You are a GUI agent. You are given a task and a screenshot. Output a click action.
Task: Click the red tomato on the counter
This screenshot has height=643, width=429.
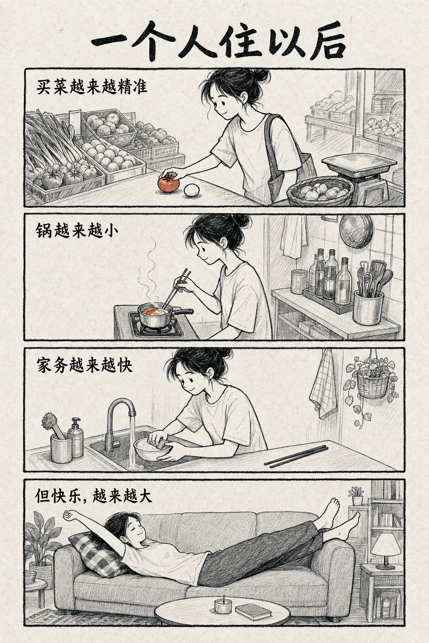click(169, 184)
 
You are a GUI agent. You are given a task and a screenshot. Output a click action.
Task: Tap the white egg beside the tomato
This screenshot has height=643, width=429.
click(191, 190)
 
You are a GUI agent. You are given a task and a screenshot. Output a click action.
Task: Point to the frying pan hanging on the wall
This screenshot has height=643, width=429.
click(356, 231)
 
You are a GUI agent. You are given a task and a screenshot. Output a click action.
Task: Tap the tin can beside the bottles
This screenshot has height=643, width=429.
click(299, 281)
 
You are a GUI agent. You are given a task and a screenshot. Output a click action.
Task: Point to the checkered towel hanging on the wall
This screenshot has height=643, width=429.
click(324, 384)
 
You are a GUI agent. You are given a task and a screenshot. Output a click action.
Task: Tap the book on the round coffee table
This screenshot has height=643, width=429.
click(253, 612)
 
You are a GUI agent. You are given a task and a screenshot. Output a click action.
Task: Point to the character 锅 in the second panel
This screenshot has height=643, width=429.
click(44, 231)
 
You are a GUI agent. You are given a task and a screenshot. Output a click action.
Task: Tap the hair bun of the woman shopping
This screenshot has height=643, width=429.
click(261, 75)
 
